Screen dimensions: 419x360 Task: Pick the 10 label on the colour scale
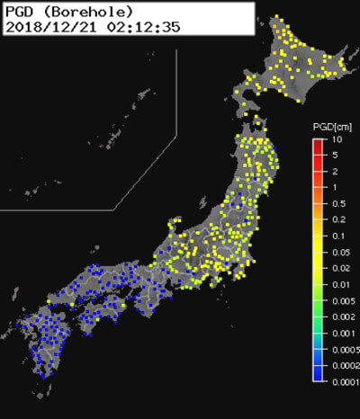point(335,140)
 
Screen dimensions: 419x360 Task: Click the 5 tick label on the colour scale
point(334,156)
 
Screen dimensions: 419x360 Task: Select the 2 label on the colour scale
point(334,171)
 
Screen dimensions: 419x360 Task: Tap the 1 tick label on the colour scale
point(334,187)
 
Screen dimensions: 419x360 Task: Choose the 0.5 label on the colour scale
point(337,203)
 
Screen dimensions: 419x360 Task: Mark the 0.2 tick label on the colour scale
point(337,219)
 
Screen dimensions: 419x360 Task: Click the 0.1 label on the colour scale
point(337,236)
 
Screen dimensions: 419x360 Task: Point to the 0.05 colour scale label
point(339,252)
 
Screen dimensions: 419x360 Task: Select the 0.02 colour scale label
point(339,268)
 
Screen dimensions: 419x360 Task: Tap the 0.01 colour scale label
point(339,284)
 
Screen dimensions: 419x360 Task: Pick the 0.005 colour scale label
point(342,300)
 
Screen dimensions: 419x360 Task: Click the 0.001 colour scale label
point(342,332)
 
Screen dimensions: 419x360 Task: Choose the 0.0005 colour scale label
point(345,348)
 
